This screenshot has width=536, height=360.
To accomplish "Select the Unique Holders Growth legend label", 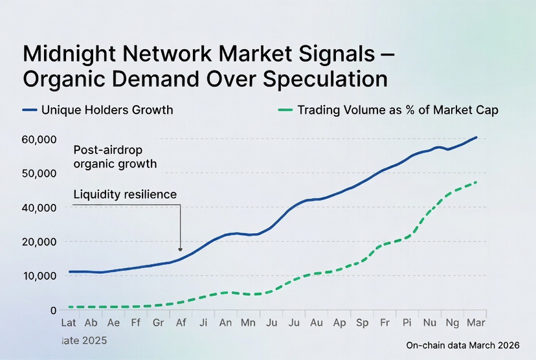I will point(107,110).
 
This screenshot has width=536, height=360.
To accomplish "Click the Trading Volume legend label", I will point(397,110).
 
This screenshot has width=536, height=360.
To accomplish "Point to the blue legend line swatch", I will point(30,110).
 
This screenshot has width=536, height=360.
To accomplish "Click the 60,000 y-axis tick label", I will point(40,139).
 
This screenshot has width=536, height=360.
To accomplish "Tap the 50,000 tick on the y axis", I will point(40,174).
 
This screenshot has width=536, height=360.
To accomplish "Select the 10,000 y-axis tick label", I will point(40,276).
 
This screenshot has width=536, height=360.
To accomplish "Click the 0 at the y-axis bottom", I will point(54,310).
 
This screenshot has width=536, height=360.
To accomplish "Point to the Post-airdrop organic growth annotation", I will point(115,156).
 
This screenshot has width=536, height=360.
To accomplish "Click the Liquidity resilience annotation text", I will point(125,194).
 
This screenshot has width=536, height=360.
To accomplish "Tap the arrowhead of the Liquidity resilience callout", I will point(181,249).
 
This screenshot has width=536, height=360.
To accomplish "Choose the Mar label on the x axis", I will point(476,322).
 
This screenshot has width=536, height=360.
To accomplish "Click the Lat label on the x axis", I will point(69,322).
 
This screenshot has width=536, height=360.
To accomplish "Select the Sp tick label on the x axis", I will point(362,322).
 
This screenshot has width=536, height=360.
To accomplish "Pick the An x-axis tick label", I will point(226,322).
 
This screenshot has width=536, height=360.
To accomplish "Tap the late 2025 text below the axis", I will point(84,340).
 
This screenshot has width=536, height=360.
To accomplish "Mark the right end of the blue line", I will point(476,137).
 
